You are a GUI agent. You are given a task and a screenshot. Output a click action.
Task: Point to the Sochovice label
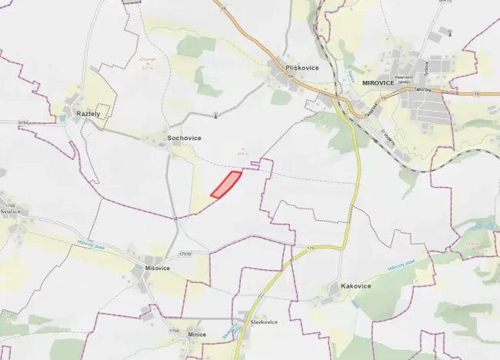pyautogui.click(x=184, y=138)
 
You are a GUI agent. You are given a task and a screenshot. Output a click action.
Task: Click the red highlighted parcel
pyautogui.click(x=225, y=185)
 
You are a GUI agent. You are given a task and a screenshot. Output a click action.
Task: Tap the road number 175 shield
pyautogui.click(x=311, y=248)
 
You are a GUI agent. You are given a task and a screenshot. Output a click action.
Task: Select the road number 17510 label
pyautogui.click(x=185, y=253)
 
